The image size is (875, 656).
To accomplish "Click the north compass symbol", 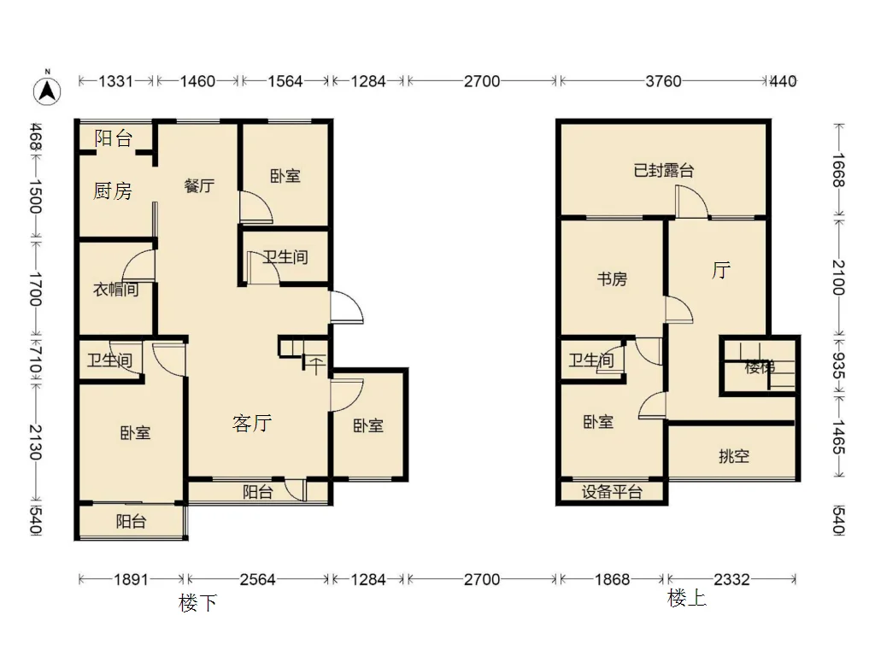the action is (48, 90).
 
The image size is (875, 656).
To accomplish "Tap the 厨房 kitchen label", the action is (113, 191).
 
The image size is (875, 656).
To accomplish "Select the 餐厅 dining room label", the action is (199, 185).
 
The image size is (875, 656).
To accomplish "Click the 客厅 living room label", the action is (252, 424).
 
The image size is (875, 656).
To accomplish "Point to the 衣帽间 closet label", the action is (115, 289).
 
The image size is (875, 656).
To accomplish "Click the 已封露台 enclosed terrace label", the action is (663, 170).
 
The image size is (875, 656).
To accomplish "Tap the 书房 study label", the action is (612, 278).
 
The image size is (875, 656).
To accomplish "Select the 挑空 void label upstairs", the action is (734, 456).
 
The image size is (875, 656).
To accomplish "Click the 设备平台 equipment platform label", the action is (612, 491).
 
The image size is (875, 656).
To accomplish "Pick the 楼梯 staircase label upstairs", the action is (760, 367).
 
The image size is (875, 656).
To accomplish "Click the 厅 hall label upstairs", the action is (721, 271).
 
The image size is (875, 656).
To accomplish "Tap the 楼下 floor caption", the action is (197, 603).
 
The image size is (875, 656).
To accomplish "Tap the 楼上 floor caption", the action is (687, 599).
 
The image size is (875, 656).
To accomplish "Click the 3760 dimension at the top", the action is (663, 81).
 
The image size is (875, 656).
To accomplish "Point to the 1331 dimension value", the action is (116, 81).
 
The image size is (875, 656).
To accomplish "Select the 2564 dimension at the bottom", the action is (258, 580).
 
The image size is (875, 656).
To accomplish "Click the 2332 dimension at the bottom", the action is (732, 580).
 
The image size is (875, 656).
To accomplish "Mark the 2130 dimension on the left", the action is (36, 442).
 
